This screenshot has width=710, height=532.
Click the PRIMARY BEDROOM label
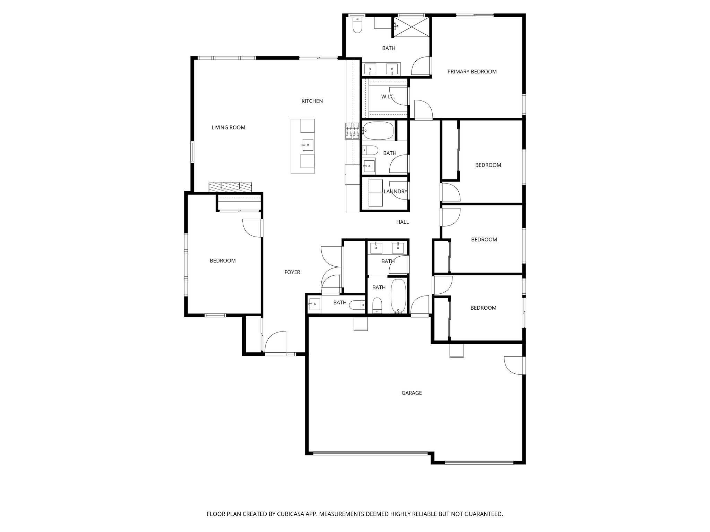tap(472, 72)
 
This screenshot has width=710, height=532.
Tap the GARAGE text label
tap(412, 393)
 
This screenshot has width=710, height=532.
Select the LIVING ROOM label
tap(228, 127)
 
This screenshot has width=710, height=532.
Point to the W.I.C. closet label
tap(388, 97)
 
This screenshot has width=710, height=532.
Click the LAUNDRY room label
tap(395, 192)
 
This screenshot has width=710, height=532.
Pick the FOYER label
tap(292, 272)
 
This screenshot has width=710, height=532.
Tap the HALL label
tap(402, 222)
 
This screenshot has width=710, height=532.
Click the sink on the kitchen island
tap(308, 145)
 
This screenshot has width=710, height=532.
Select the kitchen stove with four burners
tap(353, 131)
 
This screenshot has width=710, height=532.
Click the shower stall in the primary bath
tap(412, 26)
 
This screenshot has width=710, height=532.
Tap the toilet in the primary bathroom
tap(356, 25)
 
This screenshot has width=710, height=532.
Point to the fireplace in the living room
tap(230, 187)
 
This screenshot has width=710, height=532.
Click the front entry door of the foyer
tap(275, 343)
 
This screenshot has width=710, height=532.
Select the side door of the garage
tap(514, 365)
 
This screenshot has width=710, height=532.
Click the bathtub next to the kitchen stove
tap(378, 131)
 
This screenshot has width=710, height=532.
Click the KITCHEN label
tap(312, 101)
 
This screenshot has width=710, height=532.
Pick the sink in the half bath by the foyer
tap(314, 304)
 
